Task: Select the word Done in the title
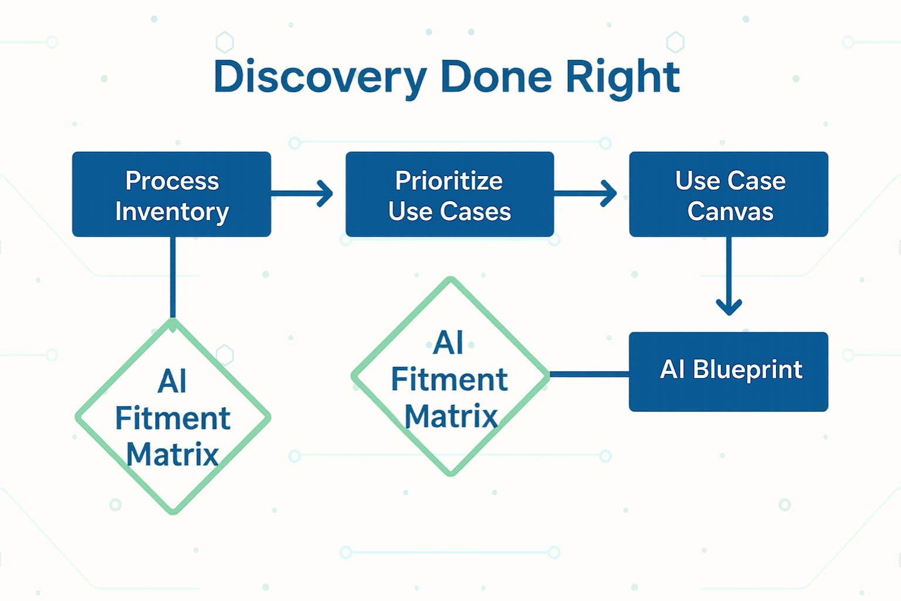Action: point(496,76)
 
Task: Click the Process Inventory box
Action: point(172,194)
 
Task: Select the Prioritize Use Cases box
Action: point(450,194)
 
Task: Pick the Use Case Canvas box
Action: point(729,194)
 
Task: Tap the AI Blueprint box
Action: point(729,372)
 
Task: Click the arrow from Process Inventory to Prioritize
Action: point(302,194)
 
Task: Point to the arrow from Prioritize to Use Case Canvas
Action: point(585,194)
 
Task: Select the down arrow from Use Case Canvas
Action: point(729,276)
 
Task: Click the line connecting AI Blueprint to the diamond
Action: point(590,374)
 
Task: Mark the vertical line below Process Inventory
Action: point(173,278)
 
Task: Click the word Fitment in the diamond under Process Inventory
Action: point(173,418)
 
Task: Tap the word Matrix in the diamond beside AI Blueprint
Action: point(451,416)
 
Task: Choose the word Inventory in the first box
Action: point(172,212)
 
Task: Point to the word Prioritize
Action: point(449,180)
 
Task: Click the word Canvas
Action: point(730,211)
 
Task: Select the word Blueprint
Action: point(748,370)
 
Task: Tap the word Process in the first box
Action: point(172,180)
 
